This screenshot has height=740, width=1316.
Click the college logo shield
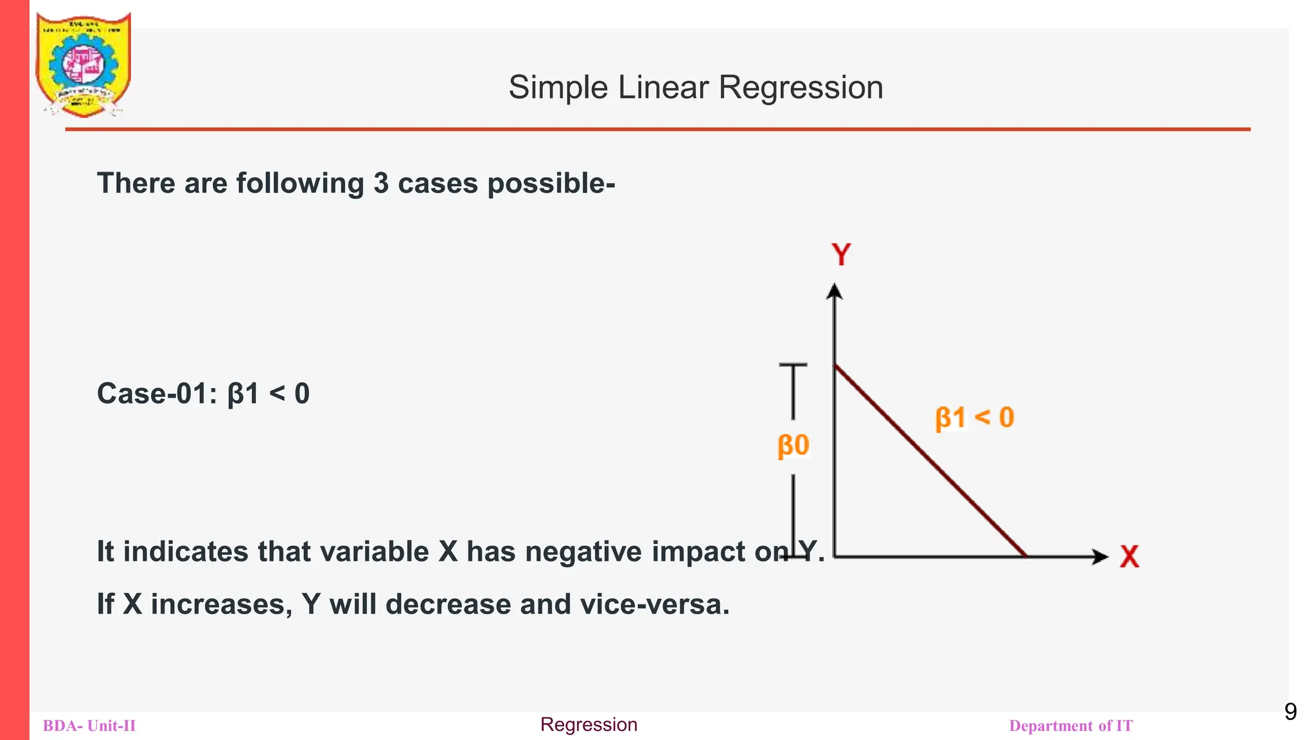point(83,64)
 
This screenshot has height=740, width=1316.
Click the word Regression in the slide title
point(801,87)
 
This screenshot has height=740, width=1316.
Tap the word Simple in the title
point(558,87)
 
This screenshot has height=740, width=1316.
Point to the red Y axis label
point(841,255)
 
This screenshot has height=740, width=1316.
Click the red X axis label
point(1129,556)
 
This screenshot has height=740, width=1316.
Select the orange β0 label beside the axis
point(793,445)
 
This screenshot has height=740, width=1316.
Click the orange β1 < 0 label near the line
point(974,418)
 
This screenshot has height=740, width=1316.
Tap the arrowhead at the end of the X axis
point(1100,556)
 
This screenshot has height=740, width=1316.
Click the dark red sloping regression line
point(930,461)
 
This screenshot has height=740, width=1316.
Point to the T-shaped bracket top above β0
point(793,366)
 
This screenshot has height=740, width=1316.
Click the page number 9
point(1290,712)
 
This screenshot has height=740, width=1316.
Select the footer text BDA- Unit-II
point(89,726)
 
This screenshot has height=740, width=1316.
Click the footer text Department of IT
point(1071,726)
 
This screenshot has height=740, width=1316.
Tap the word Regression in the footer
point(589,725)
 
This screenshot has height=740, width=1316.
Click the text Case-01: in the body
point(157,394)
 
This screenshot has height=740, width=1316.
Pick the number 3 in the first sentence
point(381,184)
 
